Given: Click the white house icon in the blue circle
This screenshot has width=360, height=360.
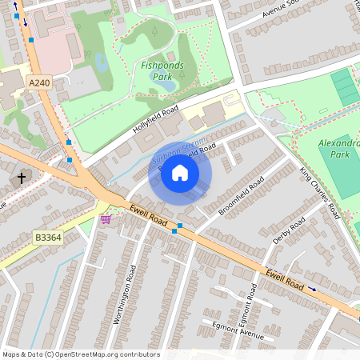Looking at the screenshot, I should click(180, 173).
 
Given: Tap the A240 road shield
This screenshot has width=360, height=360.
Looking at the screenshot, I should click(38, 82).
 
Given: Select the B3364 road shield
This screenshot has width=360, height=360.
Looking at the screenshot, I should click(48, 238).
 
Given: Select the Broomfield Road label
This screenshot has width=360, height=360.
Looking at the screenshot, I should click(241, 196).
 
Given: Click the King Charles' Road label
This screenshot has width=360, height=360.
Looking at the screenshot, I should click(321, 193).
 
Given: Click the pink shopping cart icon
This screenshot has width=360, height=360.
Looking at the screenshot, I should click(106, 218).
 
